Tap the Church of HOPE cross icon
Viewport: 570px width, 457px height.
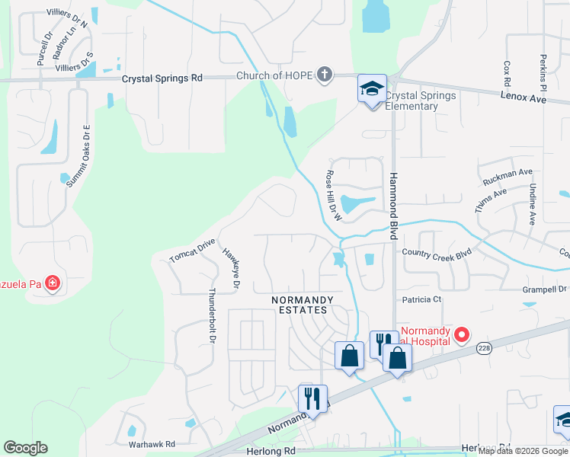[x=325, y=75]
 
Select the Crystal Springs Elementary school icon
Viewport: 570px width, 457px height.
[x=373, y=90]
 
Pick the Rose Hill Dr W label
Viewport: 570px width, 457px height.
[x=333, y=196]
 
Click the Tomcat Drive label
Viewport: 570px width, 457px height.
[x=193, y=252]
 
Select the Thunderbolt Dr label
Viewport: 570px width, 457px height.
[x=211, y=314]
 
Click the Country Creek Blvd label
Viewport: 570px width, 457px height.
[x=437, y=253]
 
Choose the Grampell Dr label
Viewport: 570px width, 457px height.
[x=546, y=289]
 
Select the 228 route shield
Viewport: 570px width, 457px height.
[x=483, y=347]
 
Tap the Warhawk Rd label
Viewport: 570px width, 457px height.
[x=152, y=444]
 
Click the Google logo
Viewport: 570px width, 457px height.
[x=25, y=448]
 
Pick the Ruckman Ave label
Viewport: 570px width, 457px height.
[x=508, y=178]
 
